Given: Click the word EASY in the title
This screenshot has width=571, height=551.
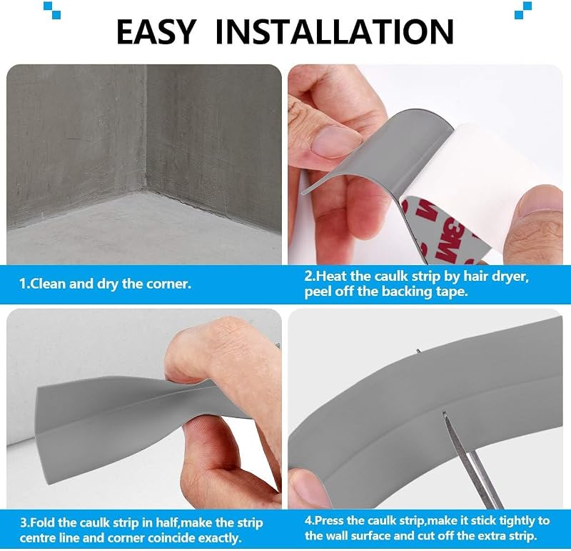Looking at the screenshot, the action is [x=156, y=31].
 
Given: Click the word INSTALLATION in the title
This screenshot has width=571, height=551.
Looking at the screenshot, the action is [x=334, y=31].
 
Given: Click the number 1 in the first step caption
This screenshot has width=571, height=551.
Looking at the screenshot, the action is [x=22, y=284].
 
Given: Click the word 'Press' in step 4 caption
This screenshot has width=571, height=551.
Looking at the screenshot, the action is [x=328, y=520].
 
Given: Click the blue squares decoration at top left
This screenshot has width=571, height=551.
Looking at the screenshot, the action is [x=51, y=10].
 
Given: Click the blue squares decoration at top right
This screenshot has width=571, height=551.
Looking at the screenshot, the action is [x=523, y=10].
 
